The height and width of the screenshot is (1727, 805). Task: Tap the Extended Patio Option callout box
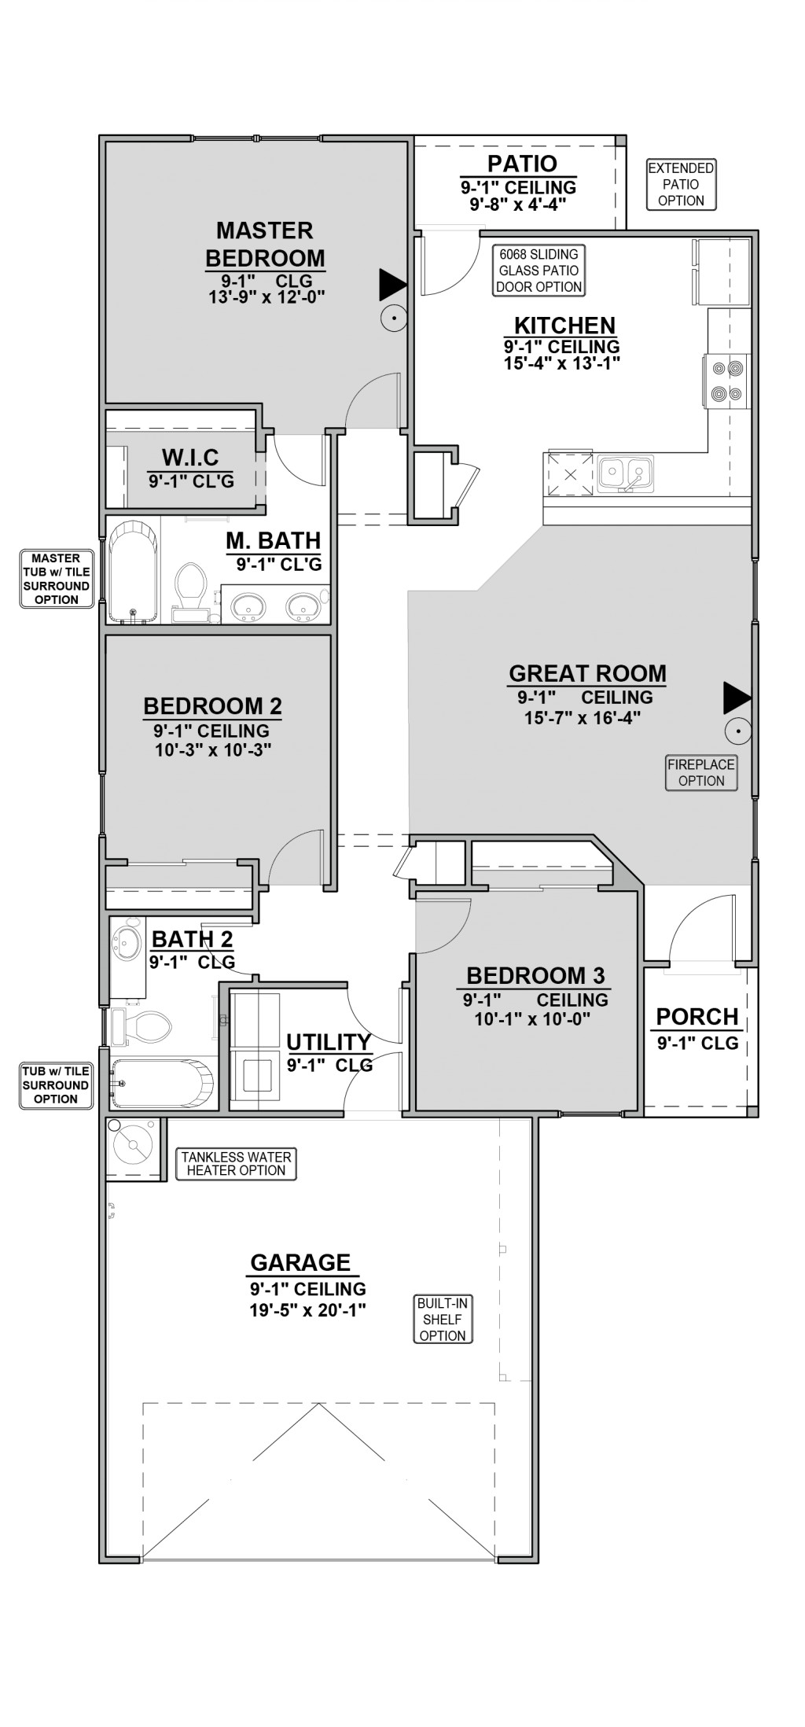click(681, 184)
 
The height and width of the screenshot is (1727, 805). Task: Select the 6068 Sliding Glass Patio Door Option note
click(539, 271)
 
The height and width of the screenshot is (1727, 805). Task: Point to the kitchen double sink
click(624, 473)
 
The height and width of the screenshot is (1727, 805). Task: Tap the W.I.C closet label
click(190, 457)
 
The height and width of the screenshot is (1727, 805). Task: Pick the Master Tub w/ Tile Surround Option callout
click(56, 579)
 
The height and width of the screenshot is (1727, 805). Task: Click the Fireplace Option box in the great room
click(701, 772)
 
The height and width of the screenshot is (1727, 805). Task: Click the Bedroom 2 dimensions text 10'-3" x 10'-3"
click(213, 749)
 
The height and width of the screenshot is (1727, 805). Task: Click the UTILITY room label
click(329, 1042)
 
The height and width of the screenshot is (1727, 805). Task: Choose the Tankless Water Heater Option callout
click(236, 1163)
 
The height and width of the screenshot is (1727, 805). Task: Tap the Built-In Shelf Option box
click(443, 1319)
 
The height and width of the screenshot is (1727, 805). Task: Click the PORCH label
click(697, 1016)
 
